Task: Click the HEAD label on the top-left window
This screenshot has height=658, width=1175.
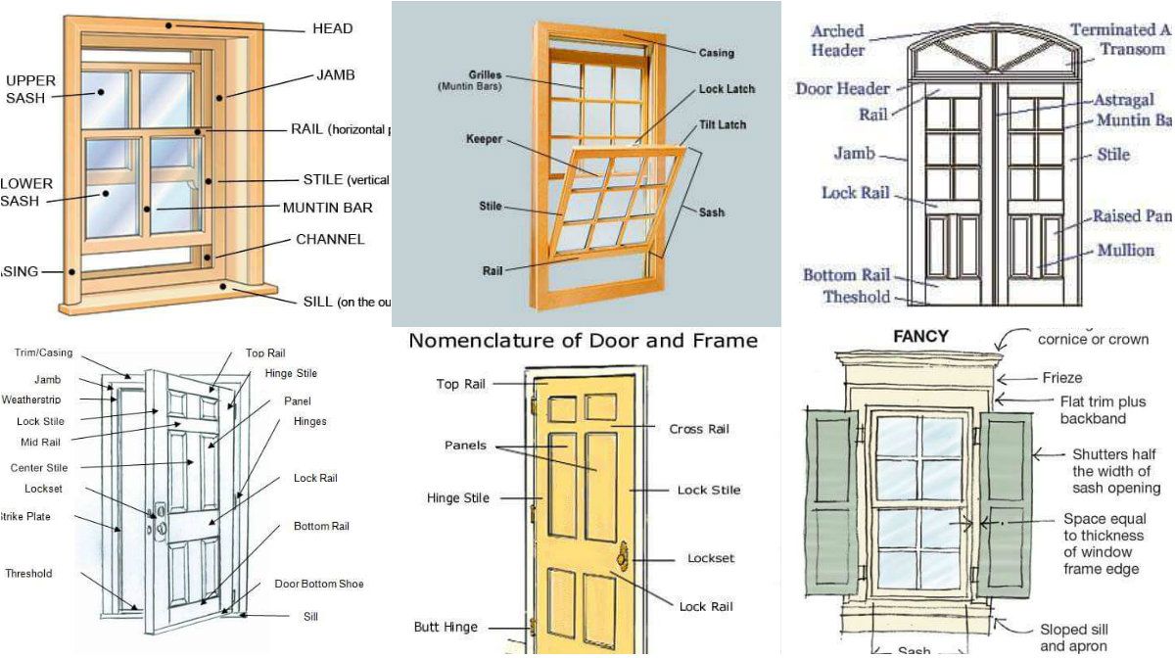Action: (332, 29)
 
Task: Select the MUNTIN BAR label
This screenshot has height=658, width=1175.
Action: (327, 208)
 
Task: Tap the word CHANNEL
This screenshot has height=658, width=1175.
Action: (330, 239)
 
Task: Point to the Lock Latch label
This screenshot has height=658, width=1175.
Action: (727, 89)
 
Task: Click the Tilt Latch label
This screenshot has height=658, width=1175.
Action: (723, 124)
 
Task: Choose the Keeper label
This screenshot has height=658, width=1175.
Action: (484, 139)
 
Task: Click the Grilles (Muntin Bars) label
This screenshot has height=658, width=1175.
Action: (470, 80)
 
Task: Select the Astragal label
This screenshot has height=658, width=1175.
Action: (1124, 100)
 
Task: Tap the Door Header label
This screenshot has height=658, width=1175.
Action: (842, 88)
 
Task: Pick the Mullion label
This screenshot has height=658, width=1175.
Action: (1125, 251)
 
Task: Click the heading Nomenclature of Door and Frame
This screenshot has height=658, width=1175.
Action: (583, 341)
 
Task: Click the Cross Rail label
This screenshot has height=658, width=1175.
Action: (699, 429)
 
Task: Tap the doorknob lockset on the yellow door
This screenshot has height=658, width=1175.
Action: (621, 556)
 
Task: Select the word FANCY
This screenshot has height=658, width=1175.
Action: (920, 336)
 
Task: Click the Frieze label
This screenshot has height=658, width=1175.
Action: (1061, 378)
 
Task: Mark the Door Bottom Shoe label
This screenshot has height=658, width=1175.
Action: (318, 584)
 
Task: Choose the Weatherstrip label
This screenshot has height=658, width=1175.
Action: (30, 399)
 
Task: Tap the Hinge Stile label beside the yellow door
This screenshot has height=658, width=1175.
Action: (457, 498)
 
